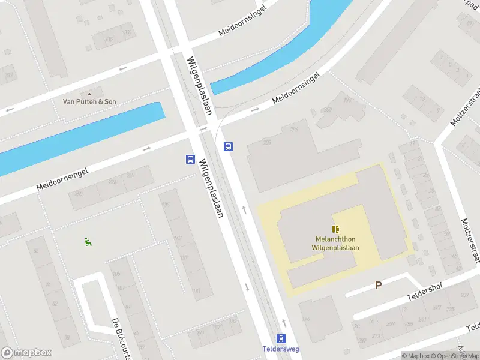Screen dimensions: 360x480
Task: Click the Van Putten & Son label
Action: click(x=90, y=101)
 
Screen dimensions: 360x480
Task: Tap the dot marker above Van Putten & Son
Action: click(x=90, y=94)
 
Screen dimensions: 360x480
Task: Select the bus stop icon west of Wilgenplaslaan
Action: click(x=190, y=159)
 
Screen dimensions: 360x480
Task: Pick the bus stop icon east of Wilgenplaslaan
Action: click(x=228, y=146)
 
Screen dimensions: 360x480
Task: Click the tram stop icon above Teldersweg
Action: click(x=281, y=339)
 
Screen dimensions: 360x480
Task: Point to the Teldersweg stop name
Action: click(x=281, y=349)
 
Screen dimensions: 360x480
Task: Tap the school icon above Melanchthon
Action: click(x=335, y=229)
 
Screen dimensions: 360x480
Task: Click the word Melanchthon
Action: click(x=335, y=238)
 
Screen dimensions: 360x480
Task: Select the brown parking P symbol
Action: click(x=378, y=286)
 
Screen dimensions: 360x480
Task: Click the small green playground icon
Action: click(x=88, y=242)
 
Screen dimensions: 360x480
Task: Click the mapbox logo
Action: click(x=26, y=353)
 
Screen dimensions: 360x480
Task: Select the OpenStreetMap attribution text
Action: click(x=455, y=356)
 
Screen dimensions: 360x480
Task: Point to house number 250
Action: click(x=78, y=194)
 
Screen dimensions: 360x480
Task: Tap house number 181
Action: click(x=196, y=291)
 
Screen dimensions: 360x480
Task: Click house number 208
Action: click(x=267, y=142)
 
